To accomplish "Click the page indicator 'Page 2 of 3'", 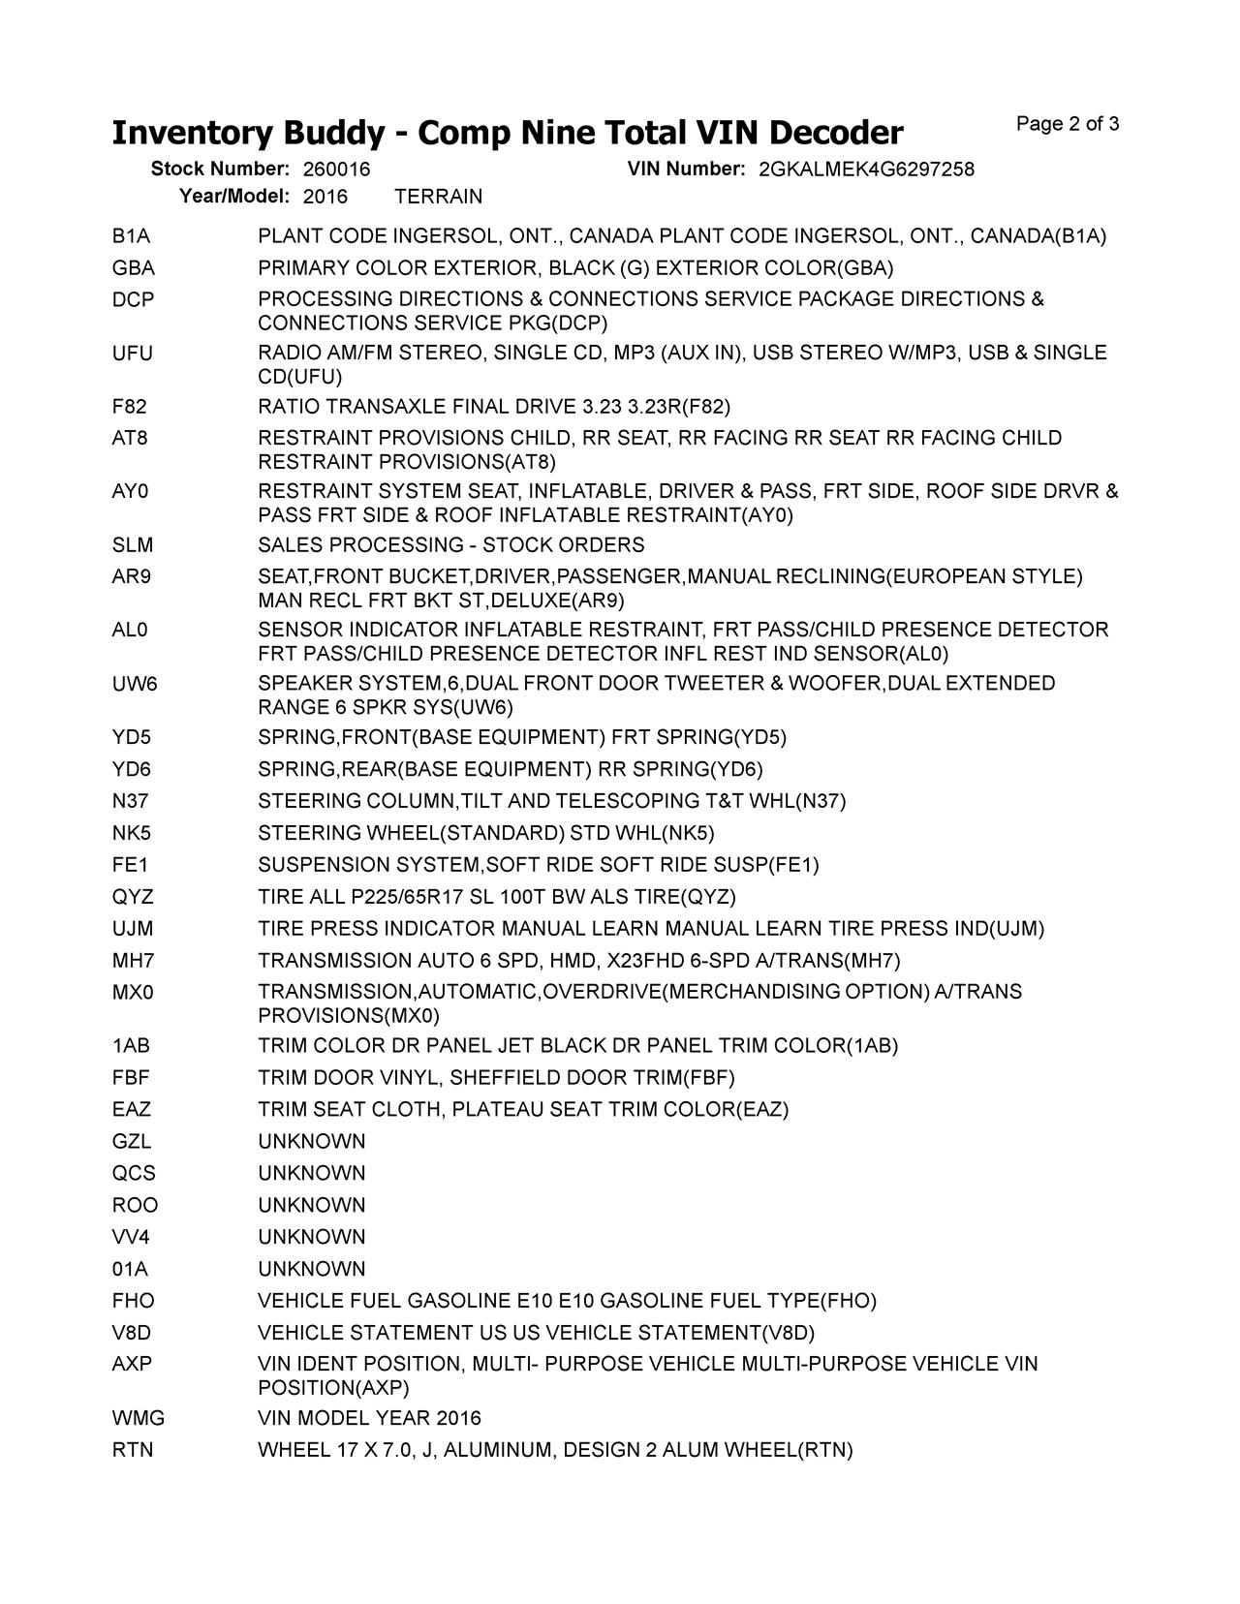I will (x=1068, y=124).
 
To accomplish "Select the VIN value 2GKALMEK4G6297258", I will (x=866, y=170).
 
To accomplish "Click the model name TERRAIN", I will (x=439, y=197).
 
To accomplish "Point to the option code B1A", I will (x=131, y=236).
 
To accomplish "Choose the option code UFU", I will (x=133, y=353).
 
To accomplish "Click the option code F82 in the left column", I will (x=130, y=406).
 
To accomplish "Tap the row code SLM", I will (x=133, y=545).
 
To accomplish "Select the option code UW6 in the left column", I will (x=135, y=684).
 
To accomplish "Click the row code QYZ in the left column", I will (x=133, y=897).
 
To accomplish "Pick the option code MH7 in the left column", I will (x=134, y=961).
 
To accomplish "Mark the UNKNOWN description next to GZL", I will (x=312, y=1142).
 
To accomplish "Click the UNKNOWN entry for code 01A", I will (x=312, y=1269).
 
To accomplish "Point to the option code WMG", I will (x=139, y=1418).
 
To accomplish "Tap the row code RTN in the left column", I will (x=133, y=1450).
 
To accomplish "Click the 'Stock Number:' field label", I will (x=220, y=170).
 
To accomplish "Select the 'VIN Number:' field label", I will (x=686, y=170).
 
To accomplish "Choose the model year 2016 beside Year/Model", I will (x=325, y=197).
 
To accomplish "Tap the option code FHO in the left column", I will (x=133, y=1301).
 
